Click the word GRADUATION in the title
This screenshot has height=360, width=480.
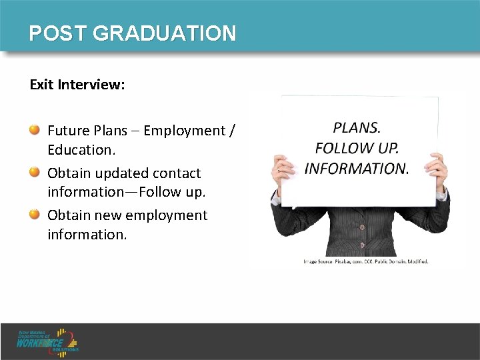point(164,33)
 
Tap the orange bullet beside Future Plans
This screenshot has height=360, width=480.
point(34,129)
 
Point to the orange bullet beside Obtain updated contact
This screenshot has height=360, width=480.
point(34,172)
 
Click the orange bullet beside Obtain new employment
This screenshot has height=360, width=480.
point(34,214)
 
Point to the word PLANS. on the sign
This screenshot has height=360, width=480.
point(357,127)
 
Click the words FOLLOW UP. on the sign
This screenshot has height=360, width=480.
point(357,147)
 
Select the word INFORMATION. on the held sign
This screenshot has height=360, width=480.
point(356,168)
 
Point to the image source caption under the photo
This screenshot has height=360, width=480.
point(366,261)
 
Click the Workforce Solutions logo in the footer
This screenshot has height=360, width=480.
point(49,341)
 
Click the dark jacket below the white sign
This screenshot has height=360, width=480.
point(360,230)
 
